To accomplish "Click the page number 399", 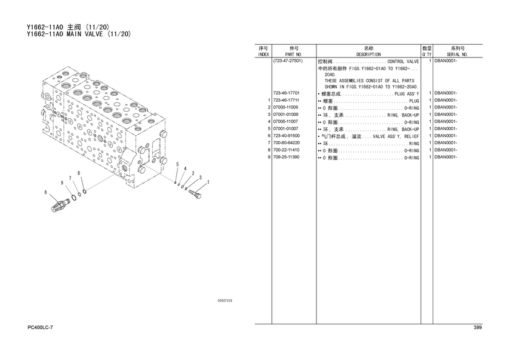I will (477, 328).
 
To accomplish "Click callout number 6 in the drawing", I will (45, 193).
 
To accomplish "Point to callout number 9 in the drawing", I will (62, 183).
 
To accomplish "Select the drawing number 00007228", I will (225, 301).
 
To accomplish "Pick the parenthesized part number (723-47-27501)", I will (288, 61).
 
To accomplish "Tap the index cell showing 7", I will (268, 143).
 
